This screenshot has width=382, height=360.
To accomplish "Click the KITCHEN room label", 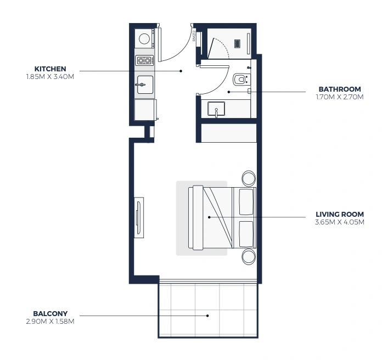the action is click(x=50, y=69).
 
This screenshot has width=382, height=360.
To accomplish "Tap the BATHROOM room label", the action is click(x=340, y=89).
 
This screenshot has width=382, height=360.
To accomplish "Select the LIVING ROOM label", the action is click(x=340, y=215).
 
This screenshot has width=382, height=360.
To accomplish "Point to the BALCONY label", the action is click(x=50, y=313).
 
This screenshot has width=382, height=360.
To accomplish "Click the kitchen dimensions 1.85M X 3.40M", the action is click(x=50, y=77).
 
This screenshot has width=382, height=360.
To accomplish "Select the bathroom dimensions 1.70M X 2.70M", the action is click(x=340, y=97).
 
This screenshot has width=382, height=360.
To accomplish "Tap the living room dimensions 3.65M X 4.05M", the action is click(x=340, y=222).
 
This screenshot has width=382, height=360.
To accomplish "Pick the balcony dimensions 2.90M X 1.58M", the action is click(x=50, y=322).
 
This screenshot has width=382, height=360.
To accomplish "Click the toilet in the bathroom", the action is click(x=241, y=79).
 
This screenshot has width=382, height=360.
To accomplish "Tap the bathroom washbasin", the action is click(x=216, y=109).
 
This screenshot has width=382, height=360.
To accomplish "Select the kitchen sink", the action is click(x=145, y=85).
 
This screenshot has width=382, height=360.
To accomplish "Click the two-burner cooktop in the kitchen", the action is click(x=144, y=60).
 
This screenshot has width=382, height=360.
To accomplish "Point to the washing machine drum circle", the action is click(x=144, y=38).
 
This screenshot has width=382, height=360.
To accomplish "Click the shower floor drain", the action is click(x=238, y=43).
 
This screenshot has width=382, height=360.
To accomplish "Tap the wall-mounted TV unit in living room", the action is click(x=139, y=217).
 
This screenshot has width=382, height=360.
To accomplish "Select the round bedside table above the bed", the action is click(x=249, y=178).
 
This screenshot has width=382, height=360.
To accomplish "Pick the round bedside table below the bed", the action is click(x=249, y=256).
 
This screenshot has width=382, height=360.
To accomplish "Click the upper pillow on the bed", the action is click(x=246, y=202).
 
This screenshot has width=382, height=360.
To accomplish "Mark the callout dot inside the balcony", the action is click(x=207, y=316).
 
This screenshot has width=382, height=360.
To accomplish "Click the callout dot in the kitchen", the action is click(x=181, y=71).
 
